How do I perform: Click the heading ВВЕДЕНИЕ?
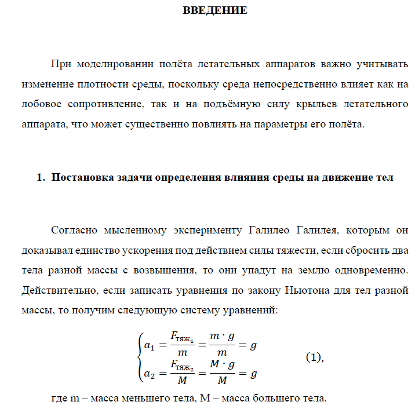point(215,10)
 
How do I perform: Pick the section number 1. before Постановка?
point(41,178)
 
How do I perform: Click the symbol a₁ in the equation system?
point(150,346)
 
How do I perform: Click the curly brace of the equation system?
point(139,360)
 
